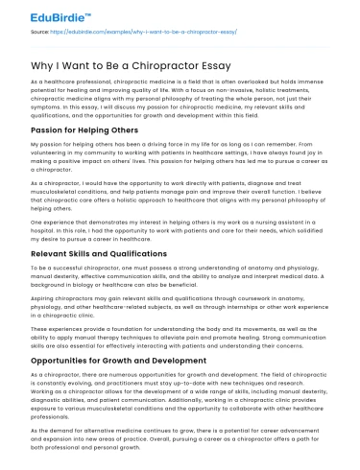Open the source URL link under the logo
[134, 32]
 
